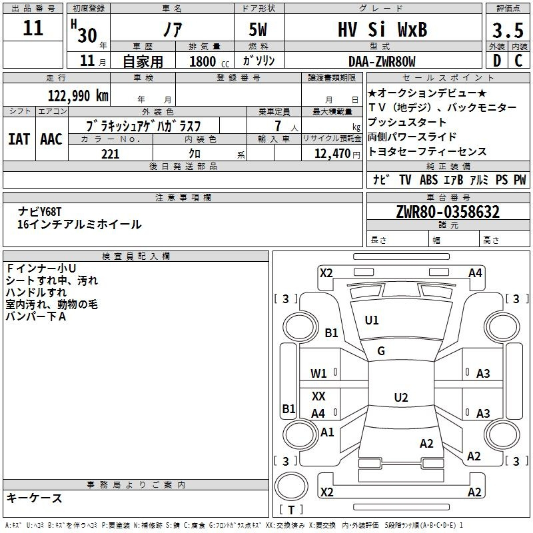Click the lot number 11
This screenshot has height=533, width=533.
tap(33, 28)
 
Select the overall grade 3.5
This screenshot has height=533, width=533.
tap(508, 30)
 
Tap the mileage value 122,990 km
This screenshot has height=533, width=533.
tap(78, 95)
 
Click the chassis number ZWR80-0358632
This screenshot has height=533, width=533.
tap(448, 212)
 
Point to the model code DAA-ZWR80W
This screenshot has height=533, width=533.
tap(382, 61)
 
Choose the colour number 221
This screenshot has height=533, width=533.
tap(111, 154)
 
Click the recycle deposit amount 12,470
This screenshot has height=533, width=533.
tap(332, 154)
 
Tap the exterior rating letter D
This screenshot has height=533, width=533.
tap(497, 61)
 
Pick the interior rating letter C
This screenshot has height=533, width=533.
tap(518, 61)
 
